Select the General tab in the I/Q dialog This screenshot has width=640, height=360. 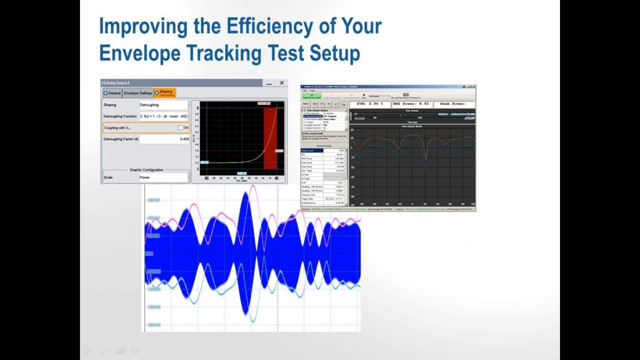click(x=112, y=93)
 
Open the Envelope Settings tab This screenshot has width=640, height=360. click(x=138, y=93)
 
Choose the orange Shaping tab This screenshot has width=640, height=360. click(x=165, y=93)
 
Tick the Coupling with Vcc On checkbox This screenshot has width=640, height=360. click(x=180, y=128)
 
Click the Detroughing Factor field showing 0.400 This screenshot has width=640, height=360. click(x=164, y=139)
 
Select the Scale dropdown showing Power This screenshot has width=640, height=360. click(x=164, y=177)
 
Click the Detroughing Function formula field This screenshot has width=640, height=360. click(x=164, y=116)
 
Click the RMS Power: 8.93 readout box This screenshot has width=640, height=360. click(x=411, y=104)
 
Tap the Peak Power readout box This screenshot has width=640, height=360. click(x=453, y=104)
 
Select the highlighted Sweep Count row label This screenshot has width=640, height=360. click(x=312, y=151)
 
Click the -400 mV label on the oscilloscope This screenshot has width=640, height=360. click(x=154, y=325)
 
